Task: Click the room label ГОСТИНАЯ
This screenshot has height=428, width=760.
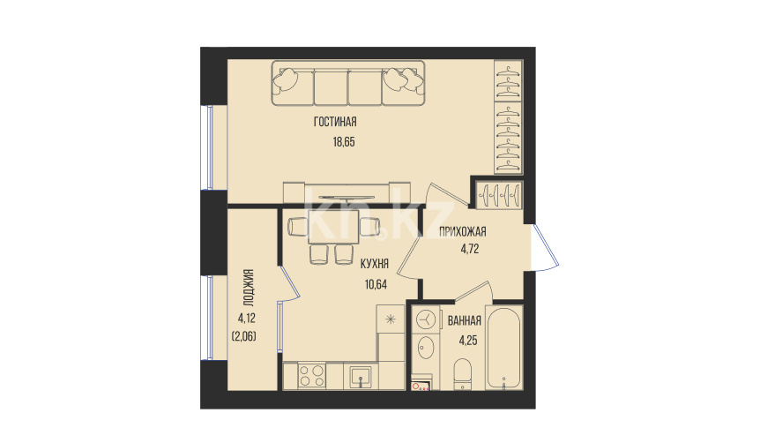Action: point(335,122)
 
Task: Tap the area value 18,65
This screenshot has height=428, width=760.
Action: point(344,142)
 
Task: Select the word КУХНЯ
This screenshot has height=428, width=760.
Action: point(375,264)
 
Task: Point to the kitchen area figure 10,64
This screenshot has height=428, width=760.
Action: point(376,284)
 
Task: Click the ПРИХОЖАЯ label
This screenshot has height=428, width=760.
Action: point(462,231)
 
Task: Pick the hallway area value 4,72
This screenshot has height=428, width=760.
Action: point(470,249)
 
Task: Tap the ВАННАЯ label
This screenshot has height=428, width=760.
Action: point(465,320)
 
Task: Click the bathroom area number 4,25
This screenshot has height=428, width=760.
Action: point(468,340)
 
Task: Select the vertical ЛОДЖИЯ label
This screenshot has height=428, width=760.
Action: point(248,289)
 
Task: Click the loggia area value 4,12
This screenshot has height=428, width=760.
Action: point(247,319)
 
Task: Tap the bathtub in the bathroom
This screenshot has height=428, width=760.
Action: point(504,348)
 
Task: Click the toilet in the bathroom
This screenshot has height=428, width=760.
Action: point(463,374)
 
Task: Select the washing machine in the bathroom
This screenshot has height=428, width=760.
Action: point(426,319)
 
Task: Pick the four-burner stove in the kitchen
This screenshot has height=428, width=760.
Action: point(311,376)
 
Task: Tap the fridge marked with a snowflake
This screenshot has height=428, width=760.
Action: point(391,319)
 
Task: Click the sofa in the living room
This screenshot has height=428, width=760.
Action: point(348,83)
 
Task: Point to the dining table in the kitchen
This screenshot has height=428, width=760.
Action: point(333,227)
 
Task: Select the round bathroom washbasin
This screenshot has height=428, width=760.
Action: point(426,348)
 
